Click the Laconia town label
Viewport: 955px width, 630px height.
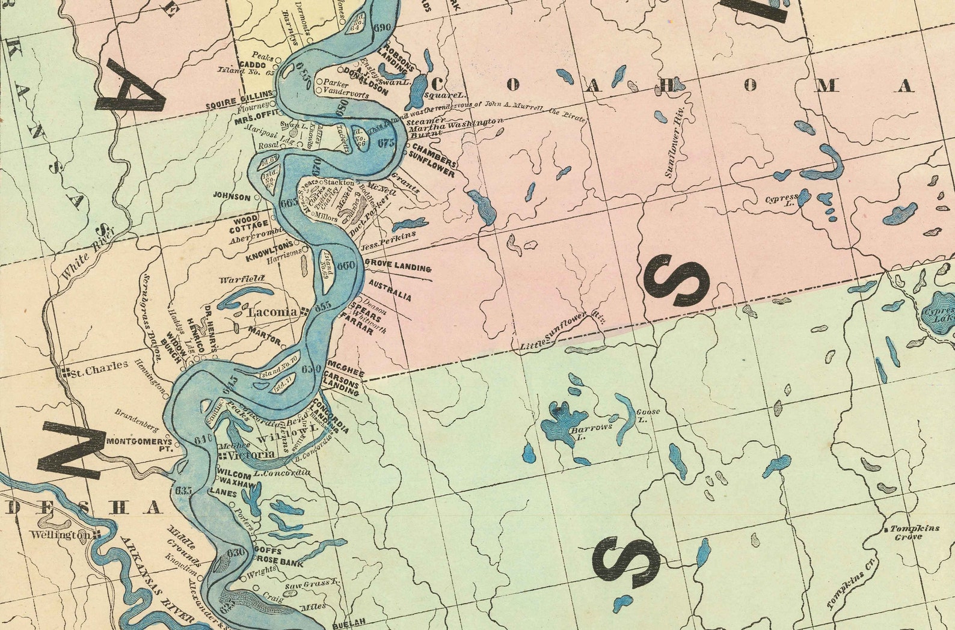click(272, 312)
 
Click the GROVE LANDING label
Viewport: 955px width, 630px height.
click(398, 266)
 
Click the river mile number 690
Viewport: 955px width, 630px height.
click(382, 28)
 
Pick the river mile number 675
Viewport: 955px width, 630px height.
click(387, 142)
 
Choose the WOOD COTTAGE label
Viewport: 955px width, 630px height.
click(246, 222)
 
